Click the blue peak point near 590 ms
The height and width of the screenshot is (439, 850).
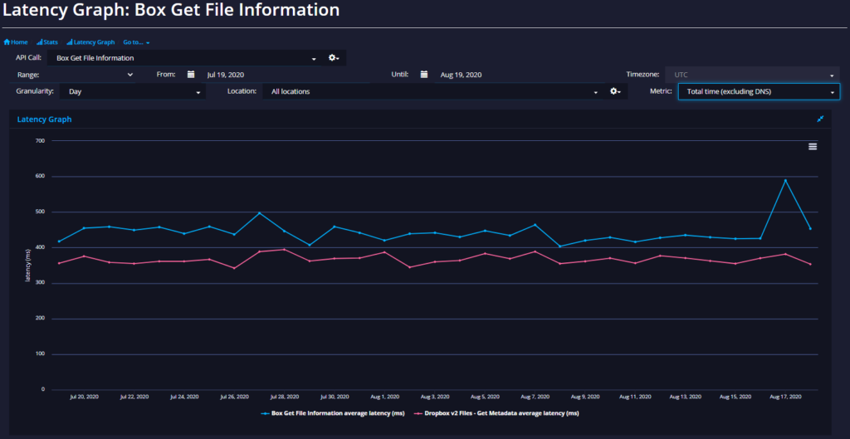pyautogui.click(x=785, y=180)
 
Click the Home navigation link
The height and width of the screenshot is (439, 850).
pyautogui.click(x=16, y=41)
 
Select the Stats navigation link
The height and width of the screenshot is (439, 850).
pyautogui.click(x=47, y=41)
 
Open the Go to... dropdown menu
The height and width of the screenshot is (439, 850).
pyautogui.click(x=136, y=41)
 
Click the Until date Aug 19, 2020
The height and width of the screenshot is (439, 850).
pyautogui.click(x=461, y=75)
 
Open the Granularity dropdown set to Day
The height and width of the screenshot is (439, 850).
pyautogui.click(x=133, y=91)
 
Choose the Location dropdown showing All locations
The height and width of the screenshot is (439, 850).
pyautogui.click(x=432, y=91)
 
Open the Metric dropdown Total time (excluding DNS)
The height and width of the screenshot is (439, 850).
pyautogui.click(x=759, y=91)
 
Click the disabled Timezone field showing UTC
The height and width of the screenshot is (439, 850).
pyautogui.click(x=752, y=75)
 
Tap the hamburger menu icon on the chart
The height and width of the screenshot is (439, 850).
pyautogui.click(x=813, y=146)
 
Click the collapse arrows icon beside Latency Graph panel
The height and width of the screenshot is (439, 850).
pyautogui.click(x=820, y=119)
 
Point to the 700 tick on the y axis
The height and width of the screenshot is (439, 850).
pyautogui.click(x=40, y=141)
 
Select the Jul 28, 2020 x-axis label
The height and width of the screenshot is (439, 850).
pyautogui.click(x=285, y=397)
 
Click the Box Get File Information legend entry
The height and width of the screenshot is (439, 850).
pyautogui.click(x=333, y=413)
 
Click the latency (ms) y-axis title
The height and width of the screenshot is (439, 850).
pyautogui.click(x=28, y=266)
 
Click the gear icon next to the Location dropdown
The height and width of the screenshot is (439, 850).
pyautogui.click(x=615, y=91)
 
